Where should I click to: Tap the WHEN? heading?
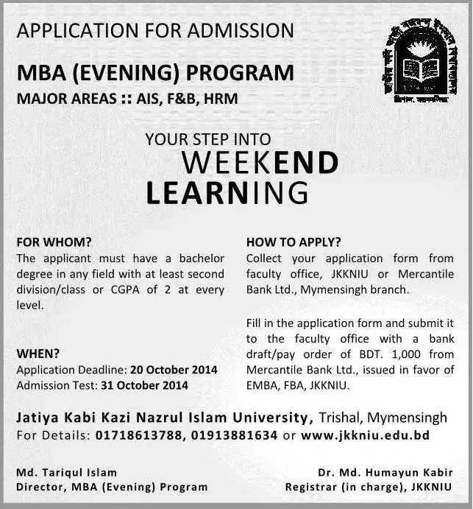click(38, 354)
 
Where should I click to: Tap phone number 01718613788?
click(136, 435)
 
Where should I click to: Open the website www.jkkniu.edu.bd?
click(365, 435)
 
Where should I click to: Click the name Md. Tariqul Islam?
click(66, 472)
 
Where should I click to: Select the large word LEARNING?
click(227, 192)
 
